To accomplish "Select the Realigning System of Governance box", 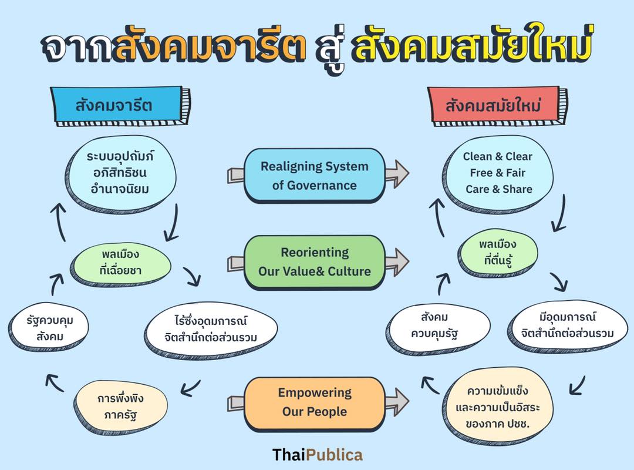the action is (x=315, y=175).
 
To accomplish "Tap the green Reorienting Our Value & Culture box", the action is (x=315, y=262).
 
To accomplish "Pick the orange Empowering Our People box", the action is (x=315, y=403).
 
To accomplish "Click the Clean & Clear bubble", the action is (x=498, y=173).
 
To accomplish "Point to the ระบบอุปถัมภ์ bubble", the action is (x=120, y=173).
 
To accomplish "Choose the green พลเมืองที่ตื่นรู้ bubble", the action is (x=498, y=253).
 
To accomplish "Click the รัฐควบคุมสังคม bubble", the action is (x=49, y=327).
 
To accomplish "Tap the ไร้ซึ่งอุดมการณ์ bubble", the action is (x=211, y=329).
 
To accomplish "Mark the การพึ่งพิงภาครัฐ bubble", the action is (x=120, y=406).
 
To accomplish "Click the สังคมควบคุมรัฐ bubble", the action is (x=438, y=326).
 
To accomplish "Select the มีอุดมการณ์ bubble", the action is (x=567, y=325).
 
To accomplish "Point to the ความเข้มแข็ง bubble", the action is (x=498, y=407).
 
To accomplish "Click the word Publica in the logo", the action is (x=335, y=455).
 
